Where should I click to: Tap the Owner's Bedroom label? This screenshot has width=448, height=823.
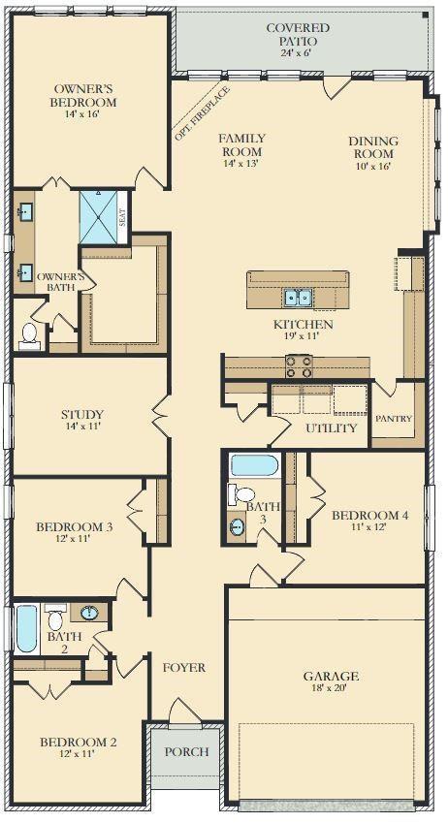pyautogui.click(x=84, y=95)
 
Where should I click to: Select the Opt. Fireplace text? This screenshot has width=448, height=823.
pyautogui.click(x=202, y=113)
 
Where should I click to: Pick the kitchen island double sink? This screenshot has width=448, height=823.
pyautogui.click(x=303, y=298)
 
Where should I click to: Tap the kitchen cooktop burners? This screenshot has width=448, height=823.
pyautogui.click(x=299, y=366)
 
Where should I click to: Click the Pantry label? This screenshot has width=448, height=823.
pyautogui.click(x=394, y=420)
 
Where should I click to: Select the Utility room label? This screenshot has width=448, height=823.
pyautogui.click(x=332, y=427)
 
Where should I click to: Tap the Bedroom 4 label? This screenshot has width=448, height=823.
pyautogui.click(x=369, y=515)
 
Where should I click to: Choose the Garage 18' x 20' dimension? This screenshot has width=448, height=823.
pyautogui.click(x=331, y=689)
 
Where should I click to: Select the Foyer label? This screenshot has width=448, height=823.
pyautogui.click(x=183, y=667)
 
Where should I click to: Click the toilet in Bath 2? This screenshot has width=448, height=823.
pyautogui.click(x=54, y=618)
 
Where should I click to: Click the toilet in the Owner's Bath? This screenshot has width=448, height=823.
pyautogui.click(x=29, y=335)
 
